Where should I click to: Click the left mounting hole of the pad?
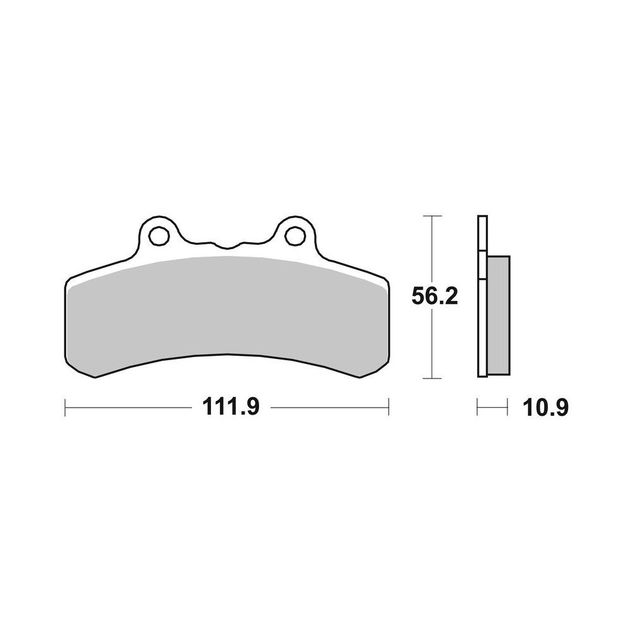click(159, 236)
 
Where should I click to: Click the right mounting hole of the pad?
click(294, 236)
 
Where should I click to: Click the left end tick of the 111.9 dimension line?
click(65, 408)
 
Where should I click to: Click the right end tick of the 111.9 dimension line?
click(388, 408)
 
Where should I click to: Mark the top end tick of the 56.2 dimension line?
click(432, 216)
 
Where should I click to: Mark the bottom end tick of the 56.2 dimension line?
click(432, 379)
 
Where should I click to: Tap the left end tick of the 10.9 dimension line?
click(478, 408)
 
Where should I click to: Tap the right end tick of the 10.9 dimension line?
click(507, 408)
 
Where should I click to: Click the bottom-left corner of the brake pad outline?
click(95, 377)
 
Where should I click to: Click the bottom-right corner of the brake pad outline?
click(360, 377)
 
